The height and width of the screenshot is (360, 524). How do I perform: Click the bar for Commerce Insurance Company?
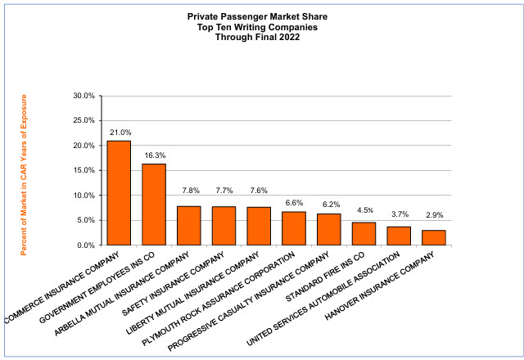coord(119,193)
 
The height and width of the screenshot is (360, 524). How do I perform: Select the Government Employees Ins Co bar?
coord(154,205)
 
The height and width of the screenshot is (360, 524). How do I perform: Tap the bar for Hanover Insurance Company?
coord(434,238)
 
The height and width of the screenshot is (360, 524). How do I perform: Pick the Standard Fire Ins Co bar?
coord(364,234)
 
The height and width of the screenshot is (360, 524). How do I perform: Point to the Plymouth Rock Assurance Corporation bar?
coord(294,228)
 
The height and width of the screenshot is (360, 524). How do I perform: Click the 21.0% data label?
coord(120,133)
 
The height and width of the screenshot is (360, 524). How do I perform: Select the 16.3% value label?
coord(155,155)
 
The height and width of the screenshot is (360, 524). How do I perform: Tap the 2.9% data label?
coord(435,215)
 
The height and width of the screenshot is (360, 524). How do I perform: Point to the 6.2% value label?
coord(331,205)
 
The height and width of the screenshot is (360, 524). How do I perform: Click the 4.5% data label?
coord(365,210)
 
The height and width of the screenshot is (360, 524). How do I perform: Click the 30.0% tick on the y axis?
coord(84,96)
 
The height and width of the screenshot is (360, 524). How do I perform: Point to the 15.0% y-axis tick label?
coord(84,170)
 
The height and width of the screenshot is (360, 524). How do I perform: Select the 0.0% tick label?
coord(86,245)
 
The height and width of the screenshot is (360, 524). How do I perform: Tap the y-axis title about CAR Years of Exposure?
coord(24,175)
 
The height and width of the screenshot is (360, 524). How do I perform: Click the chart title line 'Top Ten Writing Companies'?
coord(257,27)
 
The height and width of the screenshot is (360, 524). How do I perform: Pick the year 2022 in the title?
coord(289,37)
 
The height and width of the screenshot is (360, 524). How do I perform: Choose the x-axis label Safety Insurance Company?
coord(173,284)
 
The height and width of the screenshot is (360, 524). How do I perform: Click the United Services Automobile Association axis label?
coord(323,299)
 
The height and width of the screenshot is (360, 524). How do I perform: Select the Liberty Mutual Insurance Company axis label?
coord(192,293)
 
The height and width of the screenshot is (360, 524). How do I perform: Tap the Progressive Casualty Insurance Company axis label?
coord(249,302)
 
